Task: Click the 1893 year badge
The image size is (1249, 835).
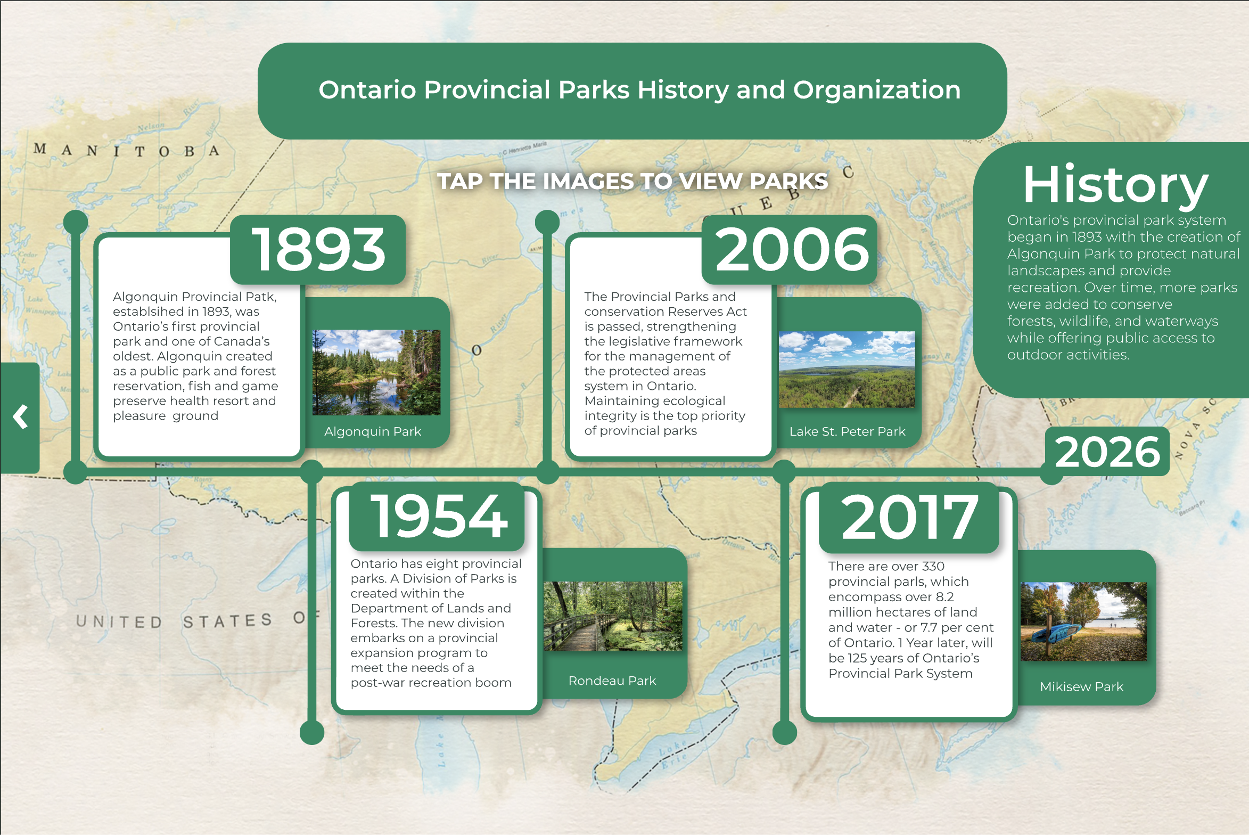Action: (318, 250)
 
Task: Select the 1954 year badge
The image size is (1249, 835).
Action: (437, 516)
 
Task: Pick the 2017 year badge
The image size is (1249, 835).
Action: (909, 517)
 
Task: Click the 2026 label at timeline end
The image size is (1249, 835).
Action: (1107, 452)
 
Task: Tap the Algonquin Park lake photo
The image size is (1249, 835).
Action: (376, 372)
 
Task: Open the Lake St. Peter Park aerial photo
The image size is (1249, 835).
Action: (847, 369)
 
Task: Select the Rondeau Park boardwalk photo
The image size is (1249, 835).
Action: (612, 616)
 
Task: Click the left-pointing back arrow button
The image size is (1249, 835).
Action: (20, 417)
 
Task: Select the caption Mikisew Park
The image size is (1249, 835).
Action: (1081, 686)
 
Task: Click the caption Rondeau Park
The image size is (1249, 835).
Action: (612, 681)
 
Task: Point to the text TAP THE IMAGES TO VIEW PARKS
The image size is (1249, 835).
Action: (632, 181)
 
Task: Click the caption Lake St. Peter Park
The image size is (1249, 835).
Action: (847, 431)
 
